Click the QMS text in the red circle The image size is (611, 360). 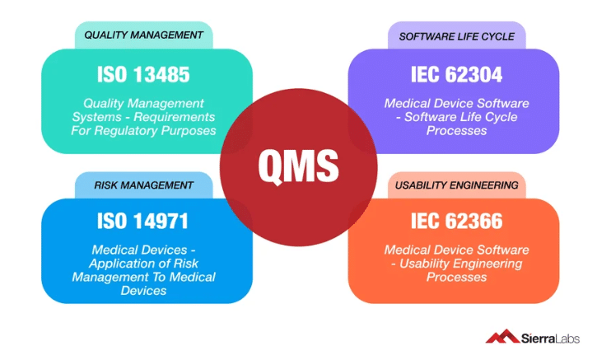point(298,166)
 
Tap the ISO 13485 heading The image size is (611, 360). point(143,74)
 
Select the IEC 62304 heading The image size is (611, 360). point(456,74)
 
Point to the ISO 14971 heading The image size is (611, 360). point(142,221)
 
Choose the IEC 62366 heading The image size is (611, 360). point(457,221)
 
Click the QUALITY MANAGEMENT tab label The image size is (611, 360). point(144,35)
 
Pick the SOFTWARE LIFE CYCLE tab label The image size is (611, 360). point(457,37)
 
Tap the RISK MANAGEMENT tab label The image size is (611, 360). point(144,185)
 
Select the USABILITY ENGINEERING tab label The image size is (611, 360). point(457,185)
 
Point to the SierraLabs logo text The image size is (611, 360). point(550,338)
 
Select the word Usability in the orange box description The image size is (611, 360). point(422,264)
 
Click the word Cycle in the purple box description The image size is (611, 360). point(501,117)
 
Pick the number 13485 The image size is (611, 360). point(161,74)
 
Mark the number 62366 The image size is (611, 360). point(474,221)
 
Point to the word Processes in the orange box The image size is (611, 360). point(456,277)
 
